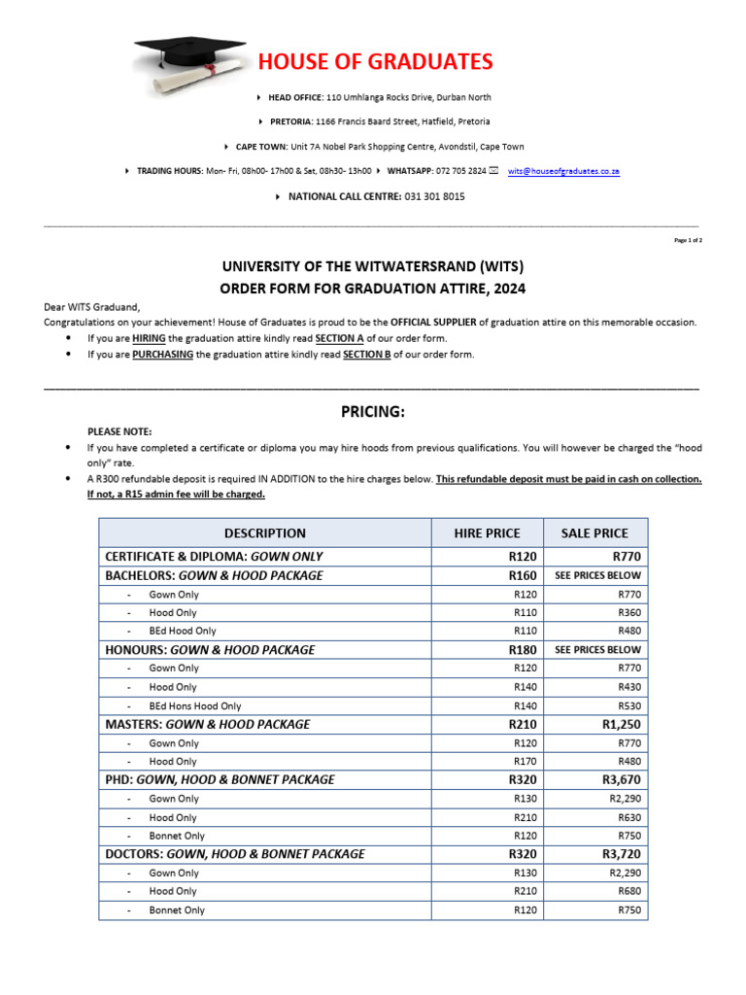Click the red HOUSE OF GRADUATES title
[x=375, y=62]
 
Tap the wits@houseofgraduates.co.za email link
[x=563, y=171]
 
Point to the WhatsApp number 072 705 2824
[x=464, y=171]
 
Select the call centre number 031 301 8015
[x=427, y=196]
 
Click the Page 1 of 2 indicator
[x=688, y=240]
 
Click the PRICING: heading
[x=372, y=412]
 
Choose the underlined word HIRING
[x=148, y=339]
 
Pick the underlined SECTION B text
[x=366, y=355]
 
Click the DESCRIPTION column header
[x=264, y=533]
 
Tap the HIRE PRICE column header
[x=487, y=533]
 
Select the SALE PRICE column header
[x=594, y=533]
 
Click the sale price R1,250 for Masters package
[x=622, y=724]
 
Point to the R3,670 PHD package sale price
[x=622, y=779]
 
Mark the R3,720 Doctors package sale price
[x=622, y=854]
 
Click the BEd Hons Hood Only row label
[x=195, y=706]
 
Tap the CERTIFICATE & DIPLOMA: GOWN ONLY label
[x=214, y=557]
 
